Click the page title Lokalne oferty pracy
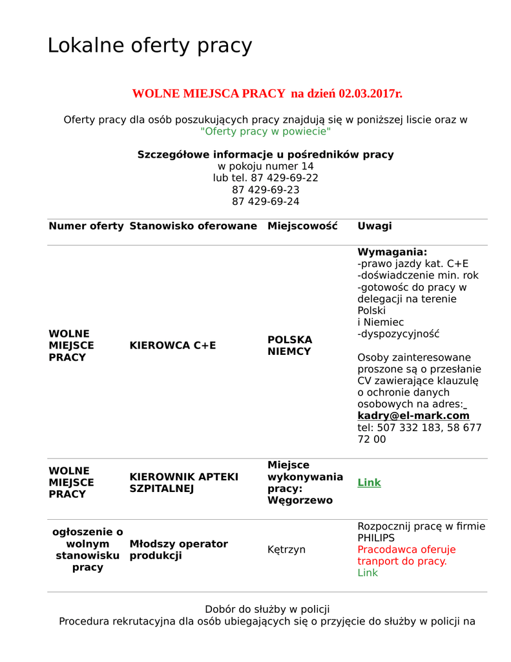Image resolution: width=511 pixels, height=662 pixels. (149, 46)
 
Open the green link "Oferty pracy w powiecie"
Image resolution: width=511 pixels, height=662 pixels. (266, 131)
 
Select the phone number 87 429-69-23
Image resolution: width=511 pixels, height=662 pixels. (266, 190)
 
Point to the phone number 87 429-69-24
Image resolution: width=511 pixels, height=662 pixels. (266, 202)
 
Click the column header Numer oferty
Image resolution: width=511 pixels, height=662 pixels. (86, 226)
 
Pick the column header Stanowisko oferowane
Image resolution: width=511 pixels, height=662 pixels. (193, 226)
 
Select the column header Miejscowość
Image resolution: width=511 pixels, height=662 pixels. (302, 226)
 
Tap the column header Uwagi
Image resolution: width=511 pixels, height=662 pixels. (375, 226)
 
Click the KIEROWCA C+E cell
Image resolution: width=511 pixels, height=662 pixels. (172, 346)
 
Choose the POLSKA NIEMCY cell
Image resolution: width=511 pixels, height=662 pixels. (289, 346)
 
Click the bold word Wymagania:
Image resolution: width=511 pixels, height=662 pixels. (392, 252)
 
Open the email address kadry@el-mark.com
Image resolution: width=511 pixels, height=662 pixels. (413, 416)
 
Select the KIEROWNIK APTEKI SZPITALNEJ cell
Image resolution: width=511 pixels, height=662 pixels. (184, 482)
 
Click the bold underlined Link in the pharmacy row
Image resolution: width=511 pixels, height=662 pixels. (369, 483)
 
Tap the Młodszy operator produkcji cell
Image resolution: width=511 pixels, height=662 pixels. (178, 550)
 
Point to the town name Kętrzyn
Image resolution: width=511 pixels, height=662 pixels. (286, 550)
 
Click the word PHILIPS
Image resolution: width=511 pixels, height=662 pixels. (376, 538)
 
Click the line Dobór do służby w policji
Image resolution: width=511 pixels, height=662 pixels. (267, 610)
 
